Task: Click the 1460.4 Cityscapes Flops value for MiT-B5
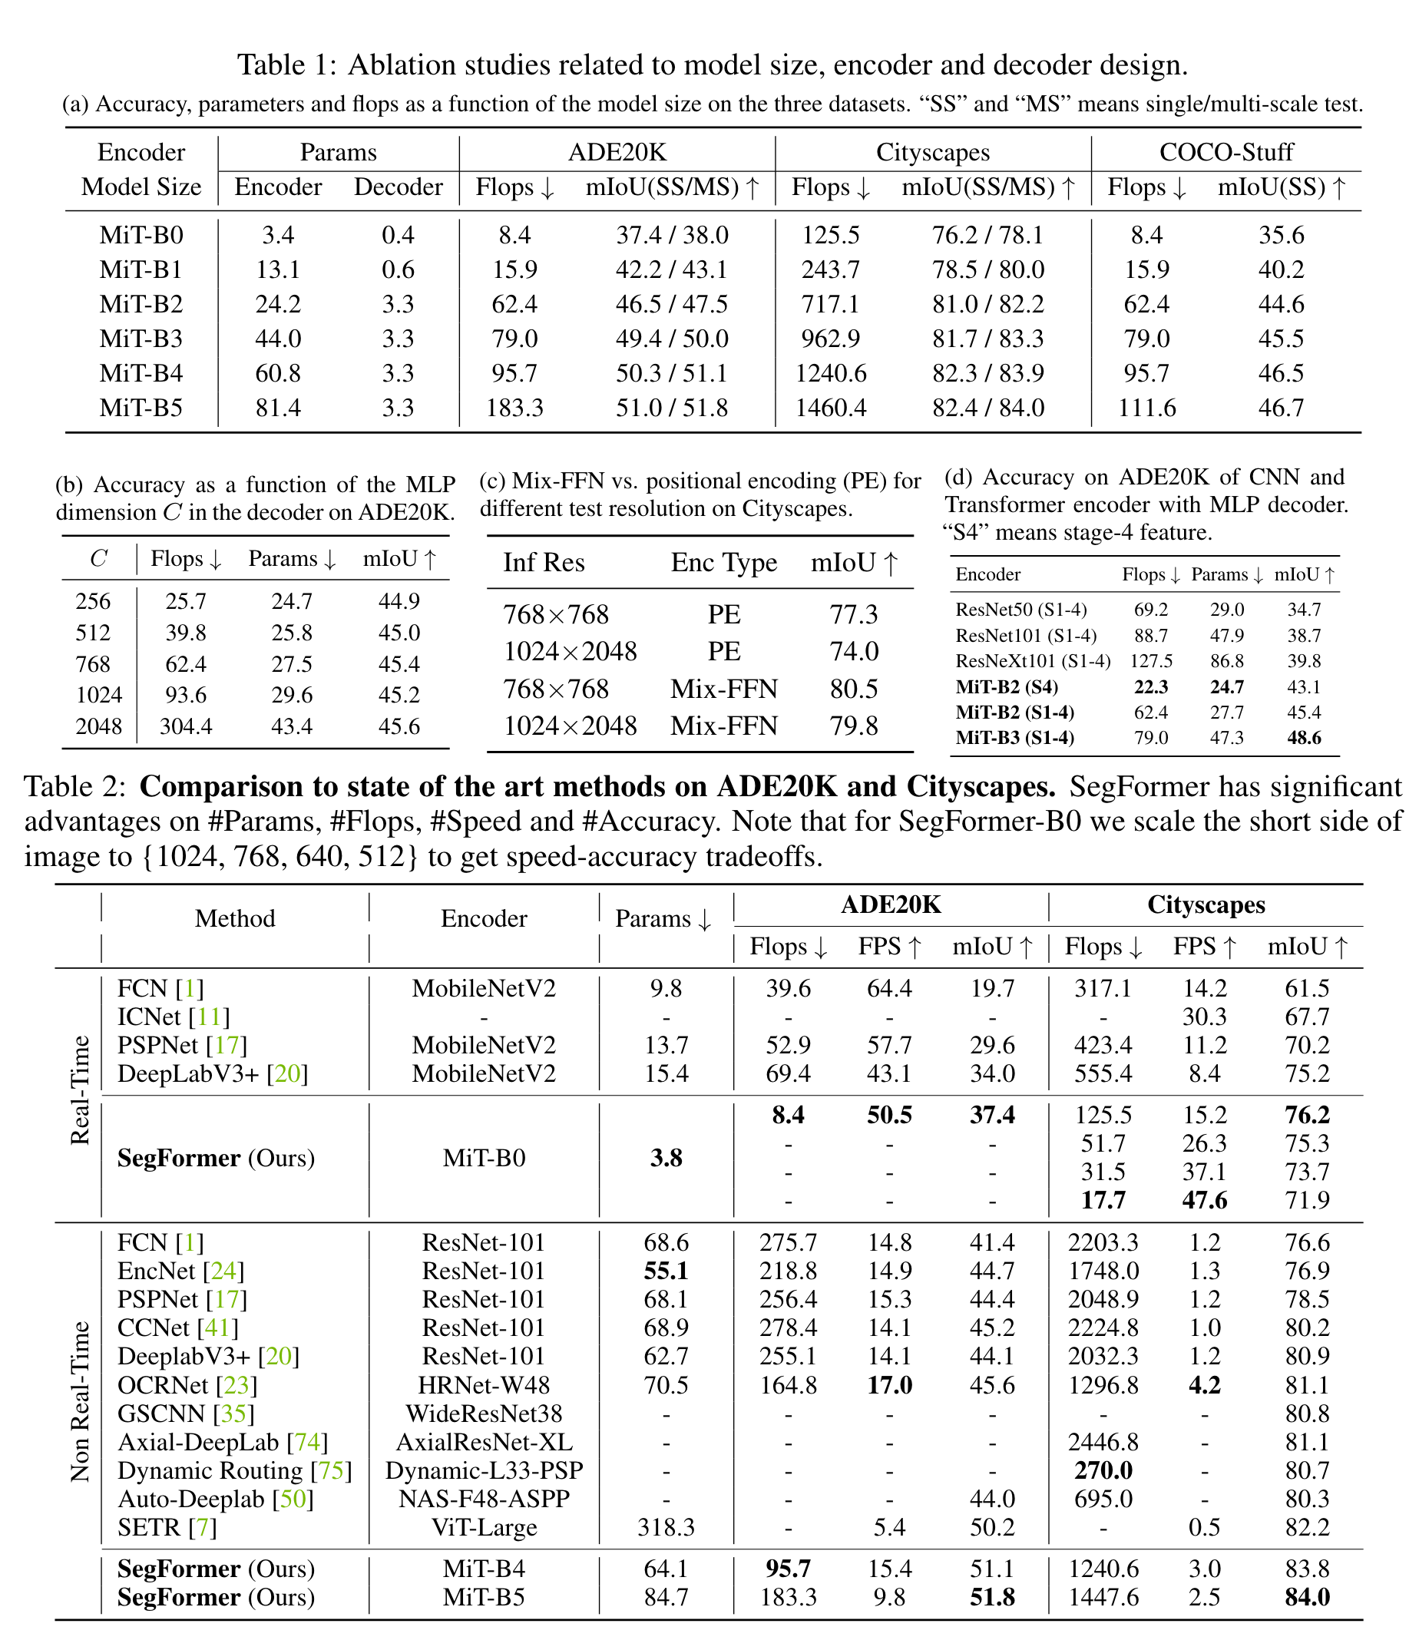pos(830,408)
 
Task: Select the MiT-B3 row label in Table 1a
pos(141,339)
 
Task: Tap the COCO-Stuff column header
pos(1225,152)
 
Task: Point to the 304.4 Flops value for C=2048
pos(185,726)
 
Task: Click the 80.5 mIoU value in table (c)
pos(854,689)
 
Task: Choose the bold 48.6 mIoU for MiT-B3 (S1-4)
pos(1303,738)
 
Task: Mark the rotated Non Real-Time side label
pos(80,1401)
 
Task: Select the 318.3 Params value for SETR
pos(666,1528)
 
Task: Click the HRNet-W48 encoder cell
pos(484,1385)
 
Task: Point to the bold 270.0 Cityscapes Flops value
pos(1103,1470)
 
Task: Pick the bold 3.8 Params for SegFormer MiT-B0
pos(666,1159)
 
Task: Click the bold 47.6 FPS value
pos(1205,1201)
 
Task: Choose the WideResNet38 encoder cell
pos(484,1414)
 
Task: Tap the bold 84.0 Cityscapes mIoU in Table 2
pos(1307,1597)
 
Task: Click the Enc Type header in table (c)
pos(724,563)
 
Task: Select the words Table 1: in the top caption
pos(287,65)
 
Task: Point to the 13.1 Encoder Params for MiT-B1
pos(278,270)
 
